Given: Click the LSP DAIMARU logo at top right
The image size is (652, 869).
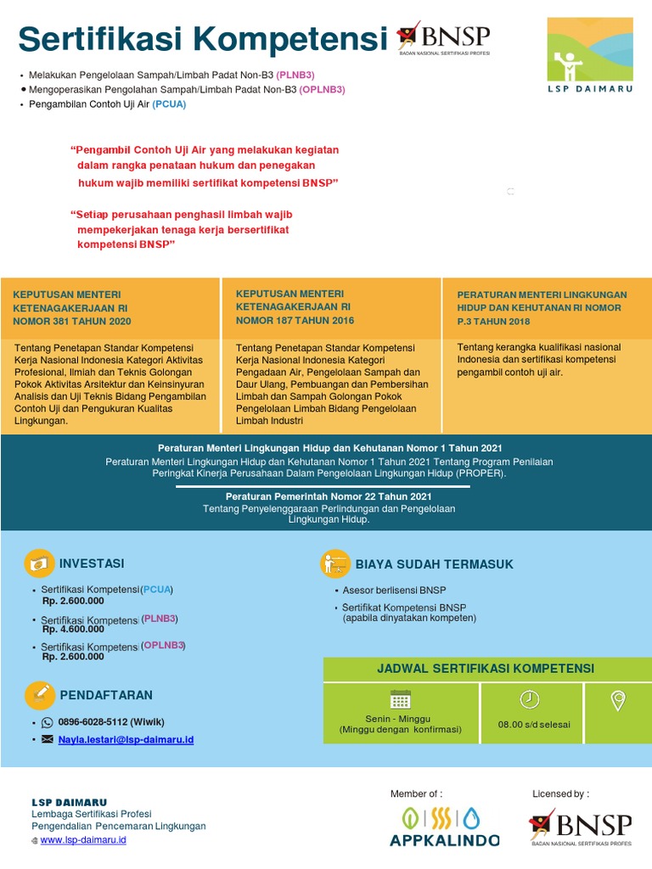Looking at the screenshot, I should [589, 55].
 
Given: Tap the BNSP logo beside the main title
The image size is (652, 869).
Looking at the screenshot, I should [444, 40].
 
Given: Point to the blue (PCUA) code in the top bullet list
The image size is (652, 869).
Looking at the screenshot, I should [169, 104].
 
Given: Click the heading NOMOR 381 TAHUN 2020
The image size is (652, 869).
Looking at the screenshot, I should [72, 322].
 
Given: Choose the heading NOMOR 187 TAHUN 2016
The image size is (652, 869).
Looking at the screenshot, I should [295, 320].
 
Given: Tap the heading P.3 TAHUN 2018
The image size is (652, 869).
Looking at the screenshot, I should [493, 322].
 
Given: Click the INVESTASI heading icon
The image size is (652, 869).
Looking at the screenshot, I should [39, 563].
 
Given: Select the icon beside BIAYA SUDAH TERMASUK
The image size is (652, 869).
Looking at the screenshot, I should [335, 564].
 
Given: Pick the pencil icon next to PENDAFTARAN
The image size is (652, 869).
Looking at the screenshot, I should [39, 695].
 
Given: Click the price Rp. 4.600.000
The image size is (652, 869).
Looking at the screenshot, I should [73, 629].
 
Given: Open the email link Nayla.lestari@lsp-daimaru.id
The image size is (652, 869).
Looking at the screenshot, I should [126, 739].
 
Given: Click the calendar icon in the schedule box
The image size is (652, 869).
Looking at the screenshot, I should [400, 699].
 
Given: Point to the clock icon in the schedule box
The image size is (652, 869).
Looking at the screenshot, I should [529, 698].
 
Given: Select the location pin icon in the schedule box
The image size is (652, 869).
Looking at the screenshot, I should [618, 700].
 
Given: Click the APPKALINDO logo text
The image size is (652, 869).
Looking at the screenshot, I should [444, 840].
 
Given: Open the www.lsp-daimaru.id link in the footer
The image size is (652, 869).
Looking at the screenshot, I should [83, 839].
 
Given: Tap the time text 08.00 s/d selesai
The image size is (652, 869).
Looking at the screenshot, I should [534, 725].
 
